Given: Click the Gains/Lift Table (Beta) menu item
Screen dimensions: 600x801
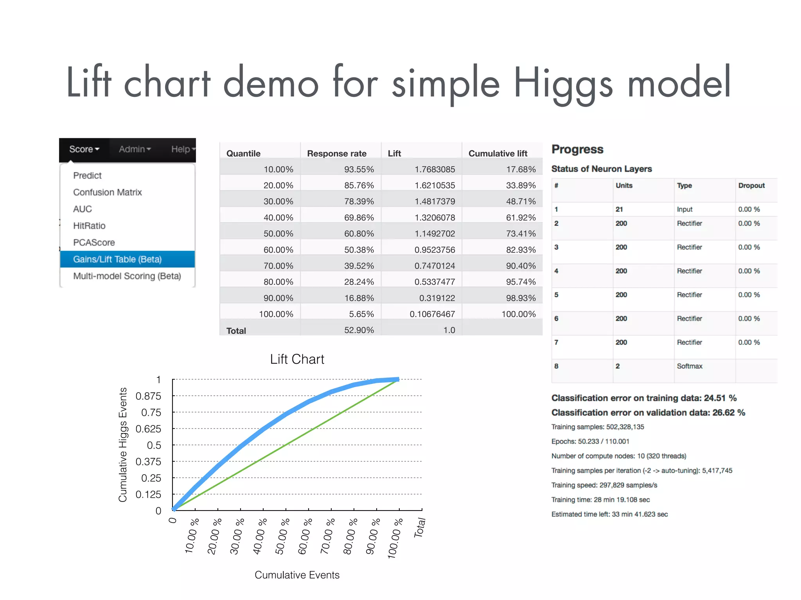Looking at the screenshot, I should tap(117, 259).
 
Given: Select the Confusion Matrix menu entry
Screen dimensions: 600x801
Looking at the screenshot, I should tap(107, 192).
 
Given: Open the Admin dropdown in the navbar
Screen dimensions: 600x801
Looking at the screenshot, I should tap(135, 149).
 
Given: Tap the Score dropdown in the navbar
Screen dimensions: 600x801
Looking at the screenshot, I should tap(84, 149).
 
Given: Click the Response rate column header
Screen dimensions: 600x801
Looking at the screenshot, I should tap(337, 154).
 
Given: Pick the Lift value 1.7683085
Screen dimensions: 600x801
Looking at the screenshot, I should tap(435, 170).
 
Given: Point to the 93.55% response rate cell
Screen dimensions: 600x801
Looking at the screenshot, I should tap(359, 170).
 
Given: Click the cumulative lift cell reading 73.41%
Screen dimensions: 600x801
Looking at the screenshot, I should tap(521, 234).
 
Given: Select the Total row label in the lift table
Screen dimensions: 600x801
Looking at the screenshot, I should tap(236, 331).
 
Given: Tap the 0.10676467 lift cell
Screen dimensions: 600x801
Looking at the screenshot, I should tap(432, 314).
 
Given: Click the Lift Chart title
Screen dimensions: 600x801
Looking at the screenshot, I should tap(297, 359).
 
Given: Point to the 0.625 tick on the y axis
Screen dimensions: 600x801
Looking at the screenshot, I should tap(148, 429).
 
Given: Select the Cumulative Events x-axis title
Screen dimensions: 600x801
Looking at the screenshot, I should tap(297, 575).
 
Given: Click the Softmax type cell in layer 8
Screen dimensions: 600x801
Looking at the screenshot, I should tap(690, 366).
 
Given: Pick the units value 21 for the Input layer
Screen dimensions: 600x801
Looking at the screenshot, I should tap(619, 209).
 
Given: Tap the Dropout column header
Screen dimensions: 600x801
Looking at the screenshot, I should tap(751, 186).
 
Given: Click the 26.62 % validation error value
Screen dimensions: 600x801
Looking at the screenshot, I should tap(729, 413).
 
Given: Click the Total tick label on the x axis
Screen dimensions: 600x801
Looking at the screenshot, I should tap(420, 528).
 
